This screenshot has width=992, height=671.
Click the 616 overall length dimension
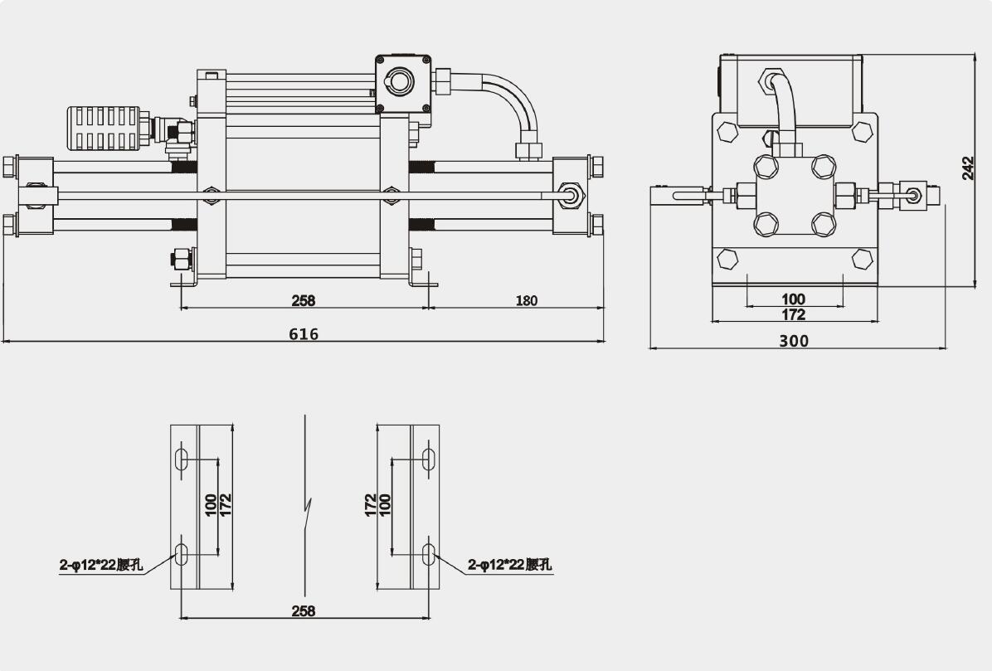click(304, 333)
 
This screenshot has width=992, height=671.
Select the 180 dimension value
click(526, 300)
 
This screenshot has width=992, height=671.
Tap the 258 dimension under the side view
click(304, 300)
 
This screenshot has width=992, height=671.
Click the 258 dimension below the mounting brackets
click(304, 611)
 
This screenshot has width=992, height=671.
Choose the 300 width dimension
click(794, 340)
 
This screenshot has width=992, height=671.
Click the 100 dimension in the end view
click(794, 299)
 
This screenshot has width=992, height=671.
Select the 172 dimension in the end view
click(794, 314)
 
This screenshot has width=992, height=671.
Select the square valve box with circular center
click(403, 83)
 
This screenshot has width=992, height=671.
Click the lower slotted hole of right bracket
click(429, 553)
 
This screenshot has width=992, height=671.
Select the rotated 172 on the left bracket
click(226, 503)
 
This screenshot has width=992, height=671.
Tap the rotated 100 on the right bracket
click(385, 503)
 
